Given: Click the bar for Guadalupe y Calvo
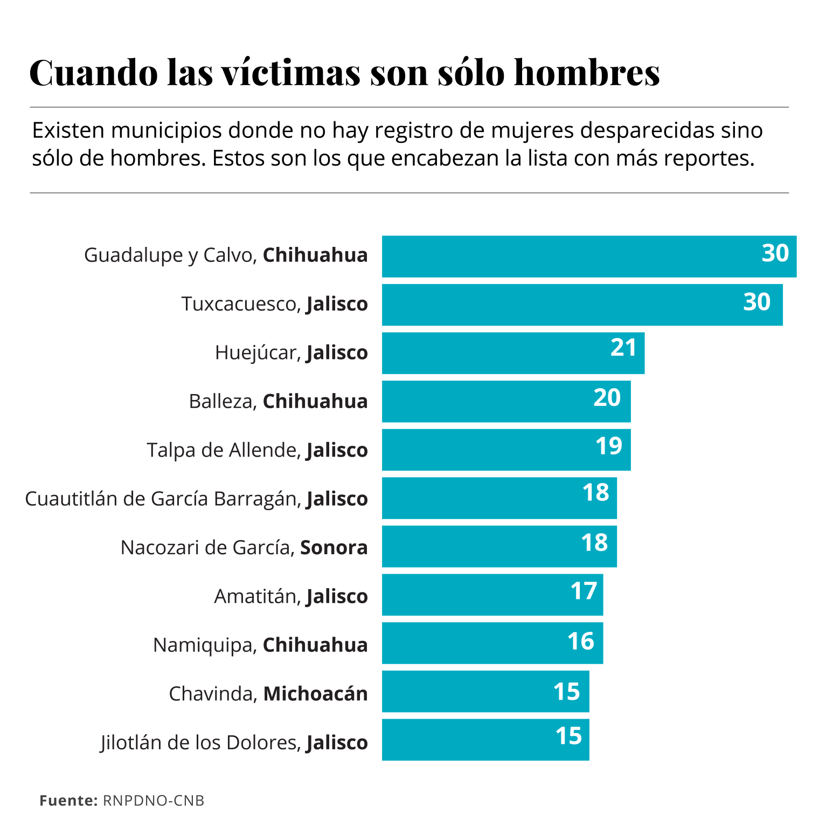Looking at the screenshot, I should click(566, 257).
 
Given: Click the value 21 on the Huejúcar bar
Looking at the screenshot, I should click(623, 348).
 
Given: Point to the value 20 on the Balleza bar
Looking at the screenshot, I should click(607, 398).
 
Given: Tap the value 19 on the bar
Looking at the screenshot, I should click(609, 446).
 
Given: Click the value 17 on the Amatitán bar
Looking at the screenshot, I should click(584, 591).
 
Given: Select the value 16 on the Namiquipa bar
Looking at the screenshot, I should click(581, 641).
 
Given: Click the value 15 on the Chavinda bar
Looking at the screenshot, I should click(567, 692).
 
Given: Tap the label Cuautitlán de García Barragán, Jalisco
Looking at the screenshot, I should click(196, 499).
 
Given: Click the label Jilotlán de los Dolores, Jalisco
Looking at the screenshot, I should click(234, 743).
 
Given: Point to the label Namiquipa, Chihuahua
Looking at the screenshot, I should click(260, 645).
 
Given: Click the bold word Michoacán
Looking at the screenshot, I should click(316, 694).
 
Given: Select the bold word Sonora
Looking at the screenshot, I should click(334, 548).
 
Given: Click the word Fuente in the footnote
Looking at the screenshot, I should click(67, 801).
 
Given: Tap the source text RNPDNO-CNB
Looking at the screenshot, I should click(154, 801).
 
